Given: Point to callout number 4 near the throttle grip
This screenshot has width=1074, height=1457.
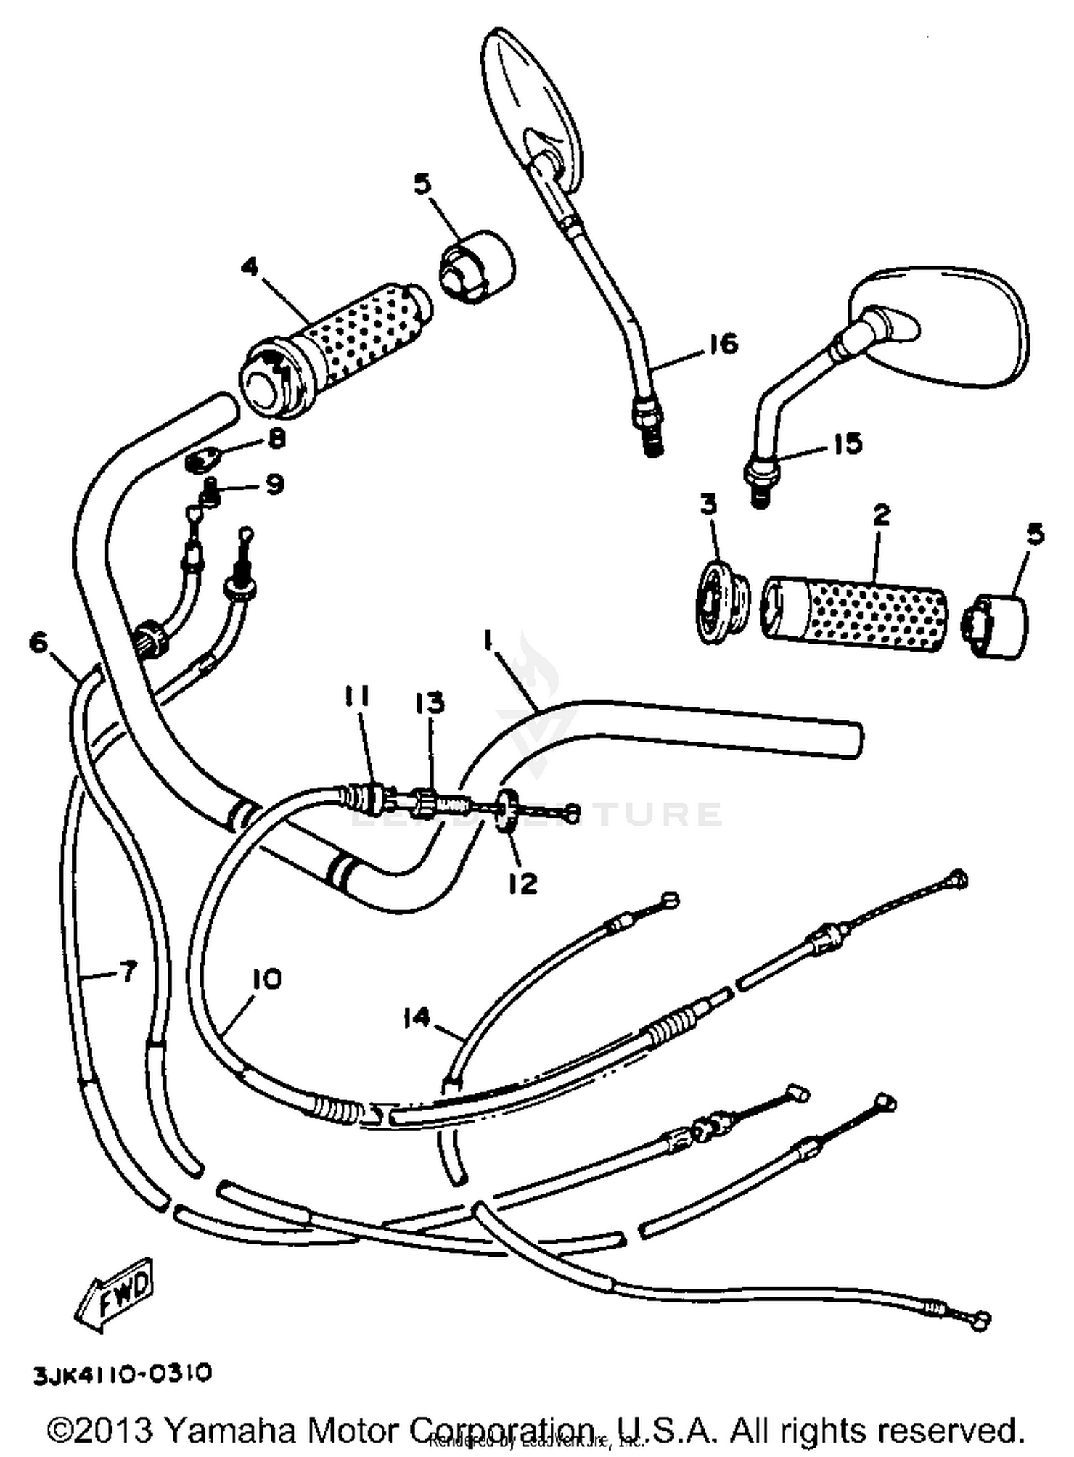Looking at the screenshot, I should click(x=249, y=268).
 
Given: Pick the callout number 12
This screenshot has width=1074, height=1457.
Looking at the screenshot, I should click(x=523, y=884).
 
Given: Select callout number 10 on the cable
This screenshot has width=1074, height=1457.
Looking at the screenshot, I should click(x=266, y=979).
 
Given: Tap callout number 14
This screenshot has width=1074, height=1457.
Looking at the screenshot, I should click(x=417, y=1017).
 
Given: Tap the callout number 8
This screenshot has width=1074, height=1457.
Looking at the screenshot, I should click(x=276, y=437).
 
